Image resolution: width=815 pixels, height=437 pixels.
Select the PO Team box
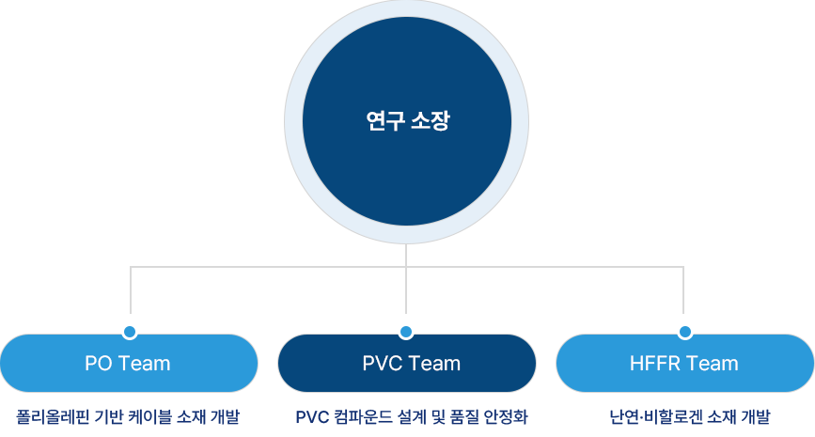[x=128, y=363]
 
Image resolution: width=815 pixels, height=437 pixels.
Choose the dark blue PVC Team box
[x=406, y=363]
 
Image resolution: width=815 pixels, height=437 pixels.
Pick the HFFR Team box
[x=684, y=363]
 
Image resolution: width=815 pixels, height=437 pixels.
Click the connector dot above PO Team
[x=130, y=332]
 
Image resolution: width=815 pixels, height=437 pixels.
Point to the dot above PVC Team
[x=406, y=332]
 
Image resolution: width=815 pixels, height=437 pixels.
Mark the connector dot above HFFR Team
[x=685, y=332]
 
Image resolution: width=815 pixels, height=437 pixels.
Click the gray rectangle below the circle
[x=406, y=278]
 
